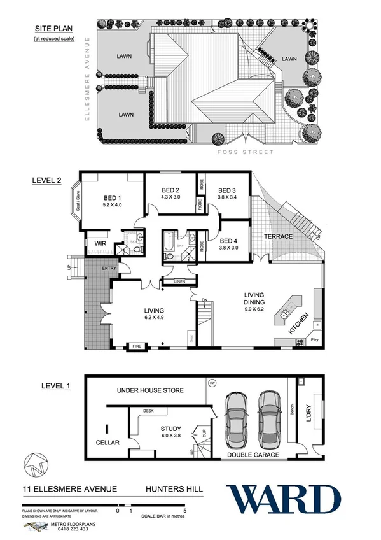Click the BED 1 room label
click(106, 197)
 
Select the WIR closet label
click(100, 243)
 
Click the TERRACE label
click(279, 237)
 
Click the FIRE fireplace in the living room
click(137, 346)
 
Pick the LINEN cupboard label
click(174, 281)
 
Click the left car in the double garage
click(236, 420)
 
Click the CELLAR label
click(107, 442)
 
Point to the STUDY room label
click(171, 429)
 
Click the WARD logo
click(284, 499)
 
